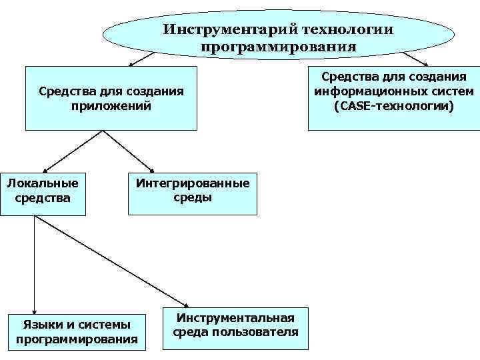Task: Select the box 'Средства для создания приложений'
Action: coord(111,98)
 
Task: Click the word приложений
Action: coord(111,105)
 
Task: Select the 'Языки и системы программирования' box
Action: coord(76,331)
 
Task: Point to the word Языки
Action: coord(42,324)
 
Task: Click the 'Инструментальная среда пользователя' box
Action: coord(235,327)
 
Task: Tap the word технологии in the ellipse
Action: coord(347,30)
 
